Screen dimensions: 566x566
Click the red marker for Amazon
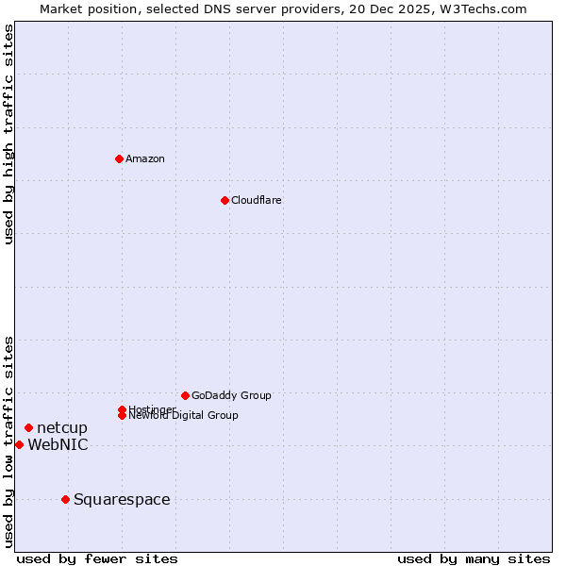119,158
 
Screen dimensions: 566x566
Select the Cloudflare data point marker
225,200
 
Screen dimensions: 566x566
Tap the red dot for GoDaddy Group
185,395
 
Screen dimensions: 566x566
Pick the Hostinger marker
122,409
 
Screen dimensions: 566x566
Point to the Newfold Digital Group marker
122,415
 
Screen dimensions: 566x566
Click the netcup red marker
28,428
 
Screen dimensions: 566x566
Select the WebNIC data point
19,444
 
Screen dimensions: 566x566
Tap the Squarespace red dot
65,499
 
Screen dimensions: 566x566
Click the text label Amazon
144,158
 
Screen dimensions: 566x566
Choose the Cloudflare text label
256,200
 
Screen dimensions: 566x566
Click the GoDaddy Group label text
231,395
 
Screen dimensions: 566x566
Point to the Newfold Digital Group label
183,416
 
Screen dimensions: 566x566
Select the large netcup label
62,428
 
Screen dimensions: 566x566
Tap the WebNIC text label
58,444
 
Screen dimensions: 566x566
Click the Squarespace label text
122,499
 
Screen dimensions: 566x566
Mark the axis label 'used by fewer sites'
97,558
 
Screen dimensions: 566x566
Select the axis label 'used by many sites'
474,558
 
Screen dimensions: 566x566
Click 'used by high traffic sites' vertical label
8,134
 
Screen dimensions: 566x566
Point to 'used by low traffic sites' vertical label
8,441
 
